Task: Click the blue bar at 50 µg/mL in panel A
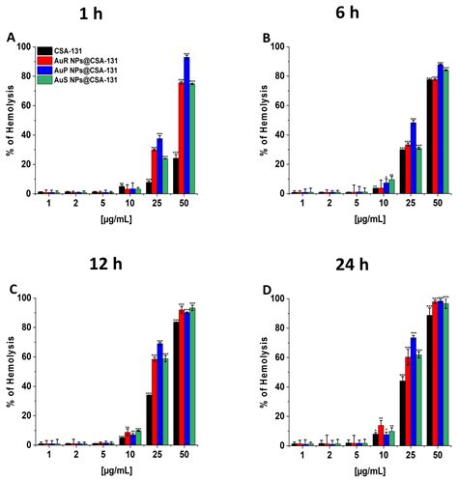pos(186,126)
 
